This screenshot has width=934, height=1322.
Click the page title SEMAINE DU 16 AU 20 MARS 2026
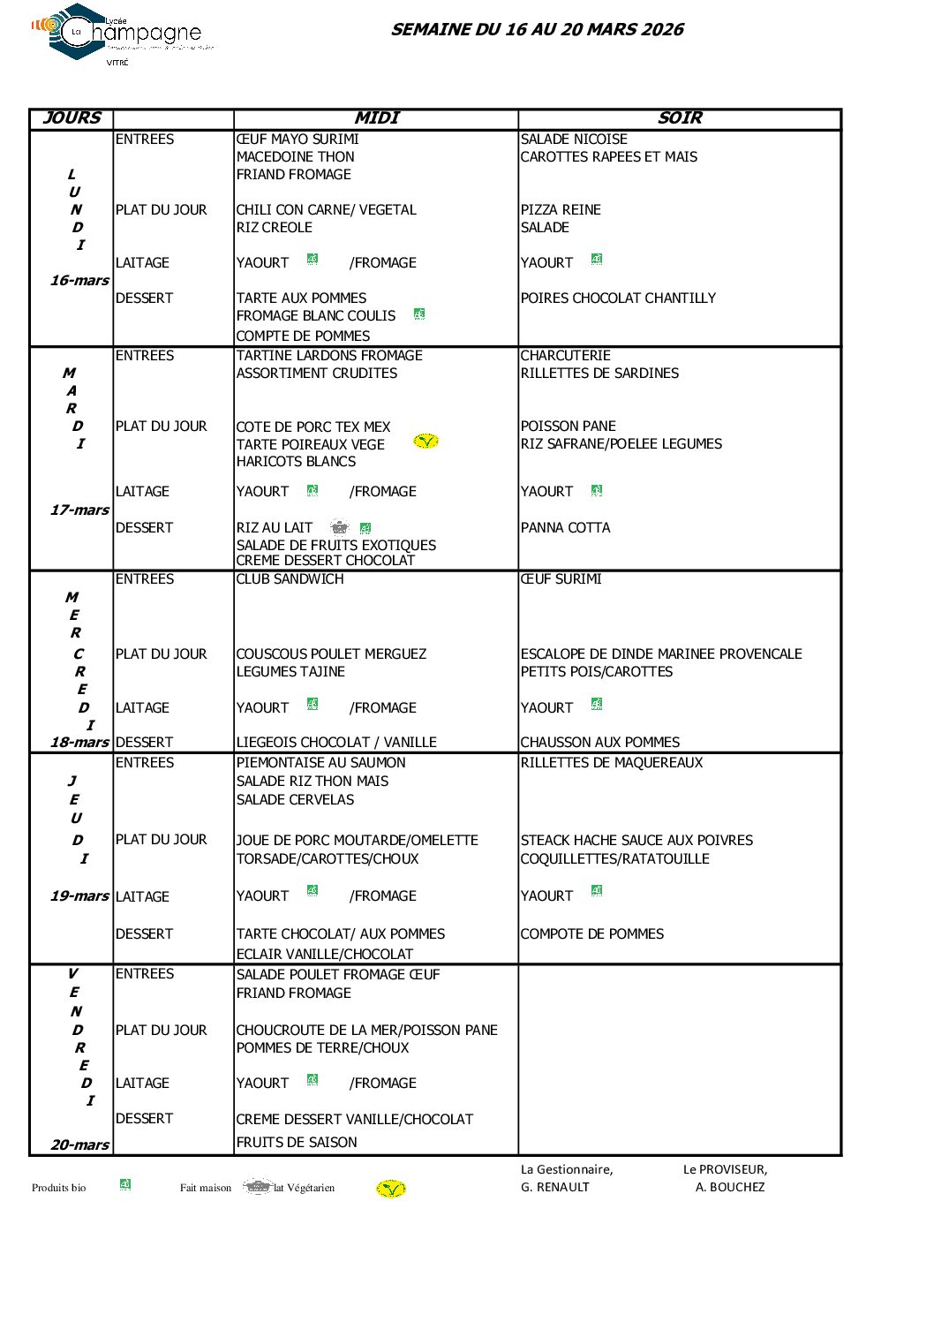pos(537,29)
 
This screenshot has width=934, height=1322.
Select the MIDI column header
pos(376,118)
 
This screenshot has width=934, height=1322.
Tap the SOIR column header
pos(679,118)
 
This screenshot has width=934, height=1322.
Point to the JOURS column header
pos(72,118)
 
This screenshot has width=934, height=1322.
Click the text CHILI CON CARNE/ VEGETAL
pos(326,210)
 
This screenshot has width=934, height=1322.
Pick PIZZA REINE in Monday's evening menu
pos(561,210)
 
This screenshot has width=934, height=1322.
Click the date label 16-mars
pos(79,281)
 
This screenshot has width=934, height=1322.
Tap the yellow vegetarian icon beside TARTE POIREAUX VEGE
pos(426,441)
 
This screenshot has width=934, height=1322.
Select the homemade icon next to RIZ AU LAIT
pos(340,527)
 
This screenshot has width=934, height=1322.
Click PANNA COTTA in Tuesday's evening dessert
pos(565,528)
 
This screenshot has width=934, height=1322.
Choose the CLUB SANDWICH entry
pos(290,579)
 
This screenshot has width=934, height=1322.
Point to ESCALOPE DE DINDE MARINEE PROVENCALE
pos(661,654)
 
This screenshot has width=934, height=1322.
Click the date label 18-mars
pos(79,743)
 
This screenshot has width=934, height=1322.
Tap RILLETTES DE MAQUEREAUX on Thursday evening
pos(612,763)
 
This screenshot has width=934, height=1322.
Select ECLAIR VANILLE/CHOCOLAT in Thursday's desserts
pos(324,955)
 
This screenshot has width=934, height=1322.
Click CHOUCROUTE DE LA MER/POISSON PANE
pos(366,1031)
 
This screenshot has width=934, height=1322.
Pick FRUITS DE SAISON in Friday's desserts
pos(297,1143)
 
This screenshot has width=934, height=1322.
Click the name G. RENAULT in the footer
pos(554,1188)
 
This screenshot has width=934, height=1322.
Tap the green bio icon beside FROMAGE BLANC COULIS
pos(419,314)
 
